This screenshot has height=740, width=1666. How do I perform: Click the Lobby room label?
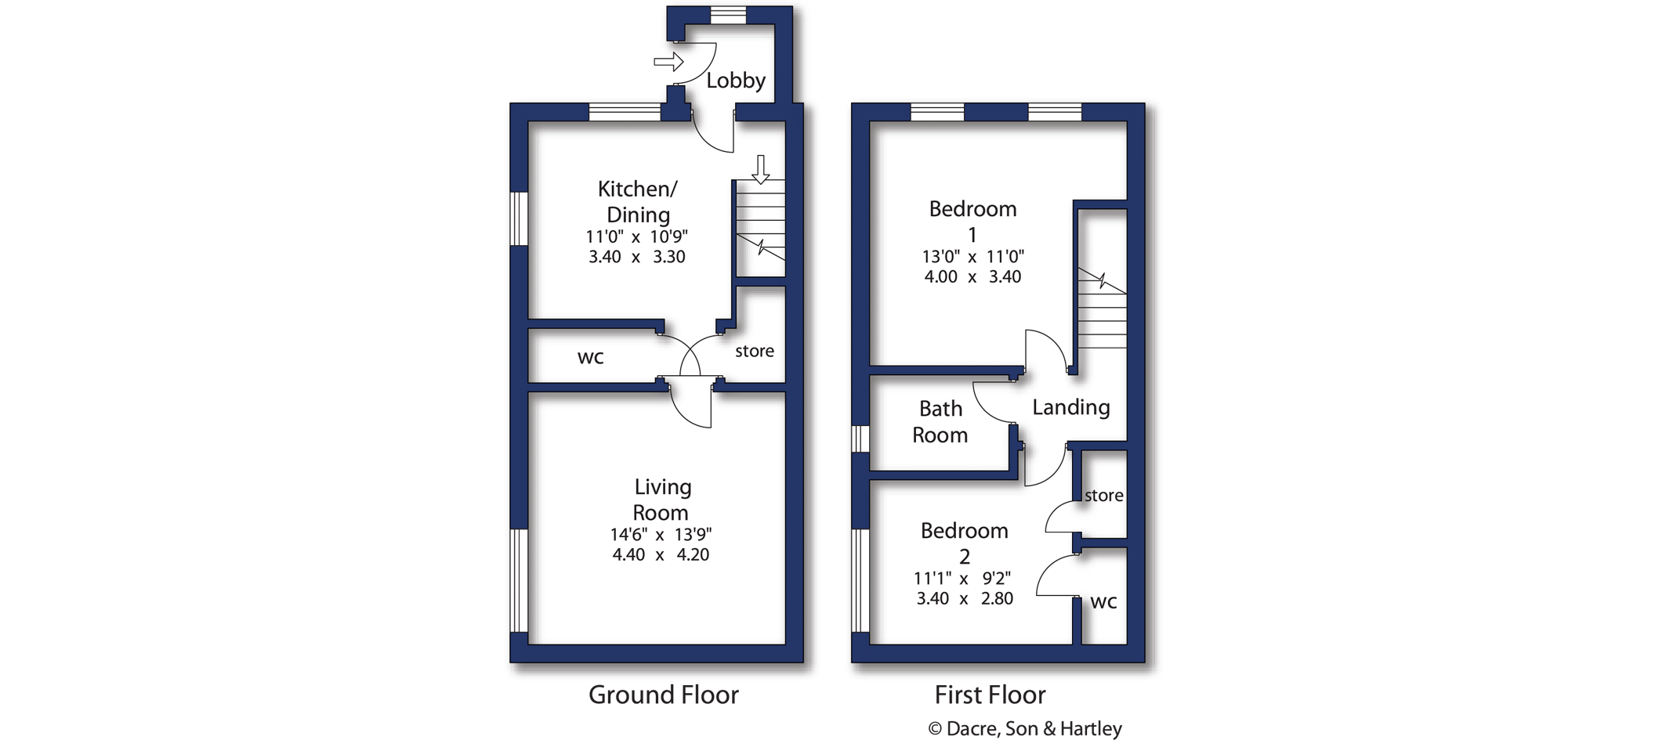(736, 80)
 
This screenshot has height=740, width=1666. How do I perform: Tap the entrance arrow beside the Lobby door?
(669, 61)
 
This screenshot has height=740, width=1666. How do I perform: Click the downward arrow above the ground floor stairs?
(760, 169)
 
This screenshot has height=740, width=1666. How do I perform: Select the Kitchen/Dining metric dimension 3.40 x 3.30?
(637, 257)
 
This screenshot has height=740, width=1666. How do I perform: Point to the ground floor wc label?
(591, 358)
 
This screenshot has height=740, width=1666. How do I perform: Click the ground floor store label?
(755, 351)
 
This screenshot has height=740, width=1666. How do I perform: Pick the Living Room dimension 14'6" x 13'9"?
(661, 535)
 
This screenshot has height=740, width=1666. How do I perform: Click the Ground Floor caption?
(664, 695)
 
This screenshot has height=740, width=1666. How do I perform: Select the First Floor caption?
(990, 695)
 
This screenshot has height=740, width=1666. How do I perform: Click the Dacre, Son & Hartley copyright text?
(1026, 728)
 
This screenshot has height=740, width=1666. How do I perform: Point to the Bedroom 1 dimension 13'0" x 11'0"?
(972, 256)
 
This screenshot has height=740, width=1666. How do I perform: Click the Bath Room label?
(940, 421)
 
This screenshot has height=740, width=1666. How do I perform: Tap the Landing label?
(1071, 407)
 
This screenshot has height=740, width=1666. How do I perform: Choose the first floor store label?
(1104, 495)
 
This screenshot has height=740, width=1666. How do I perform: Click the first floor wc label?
(1104, 602)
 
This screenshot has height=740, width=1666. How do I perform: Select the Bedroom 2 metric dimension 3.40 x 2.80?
(965, 598)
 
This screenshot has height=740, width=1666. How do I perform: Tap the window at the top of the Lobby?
(729, 16)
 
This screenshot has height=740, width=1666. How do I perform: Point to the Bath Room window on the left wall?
(860, 439)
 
